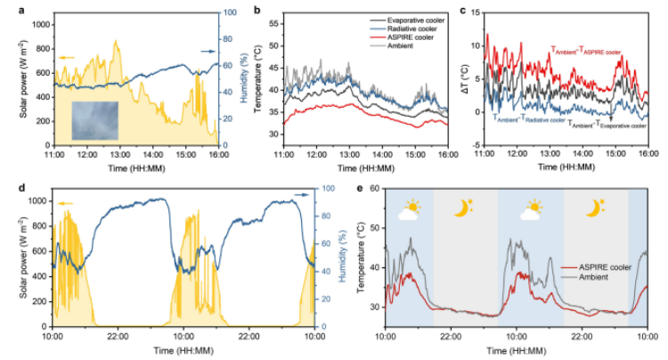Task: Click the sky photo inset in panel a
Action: click(94, 119)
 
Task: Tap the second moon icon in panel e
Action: click(593, 209)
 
